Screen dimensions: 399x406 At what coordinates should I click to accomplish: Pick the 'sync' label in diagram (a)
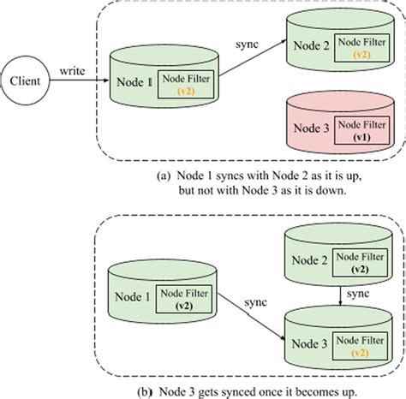tap(248, 41)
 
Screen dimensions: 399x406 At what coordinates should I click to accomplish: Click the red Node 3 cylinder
tap(336, 125)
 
